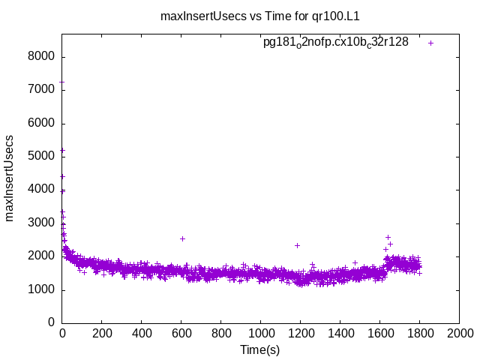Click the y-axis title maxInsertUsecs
point(10,178)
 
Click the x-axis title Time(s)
point(259,349)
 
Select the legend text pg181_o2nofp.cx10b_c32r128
point(335,42)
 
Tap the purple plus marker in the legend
point(431,43)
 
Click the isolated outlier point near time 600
point(182,238)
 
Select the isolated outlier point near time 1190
point(297,245)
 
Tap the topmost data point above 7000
point(62,82)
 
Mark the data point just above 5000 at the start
point(62,150)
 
